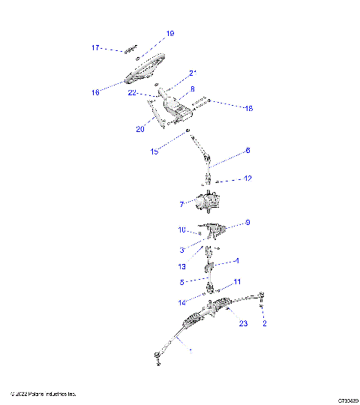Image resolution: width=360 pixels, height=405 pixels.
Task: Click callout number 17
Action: (x=96, y=47)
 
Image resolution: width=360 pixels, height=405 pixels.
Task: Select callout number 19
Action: (x=169, y=34)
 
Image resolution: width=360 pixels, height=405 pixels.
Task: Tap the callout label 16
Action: (x=96, y=93)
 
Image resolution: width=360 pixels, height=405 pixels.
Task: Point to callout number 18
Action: (x=248, y=108)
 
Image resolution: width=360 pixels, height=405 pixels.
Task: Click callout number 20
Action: (x=140, y=129)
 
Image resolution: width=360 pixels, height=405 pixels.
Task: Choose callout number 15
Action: (x=154, y=151)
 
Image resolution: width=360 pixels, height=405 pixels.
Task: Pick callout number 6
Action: (x=247, y=150)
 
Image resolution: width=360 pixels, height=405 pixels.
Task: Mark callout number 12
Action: (x=247, y=178)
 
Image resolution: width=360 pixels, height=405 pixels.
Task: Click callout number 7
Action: (x=181, y=204)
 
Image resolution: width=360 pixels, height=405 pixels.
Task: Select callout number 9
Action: (x=247, y=223)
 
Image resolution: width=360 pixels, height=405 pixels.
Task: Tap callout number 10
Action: (x=181, y=230)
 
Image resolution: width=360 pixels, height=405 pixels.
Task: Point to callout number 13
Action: (x=181, y=266)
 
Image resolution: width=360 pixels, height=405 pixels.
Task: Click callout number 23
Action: (x=242, y=324)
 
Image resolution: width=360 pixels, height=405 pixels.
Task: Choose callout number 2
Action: (x=264, y=324)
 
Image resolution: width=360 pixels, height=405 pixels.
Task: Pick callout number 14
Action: (x=181, y=302)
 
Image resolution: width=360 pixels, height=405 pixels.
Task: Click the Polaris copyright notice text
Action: (x=43, y=394)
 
